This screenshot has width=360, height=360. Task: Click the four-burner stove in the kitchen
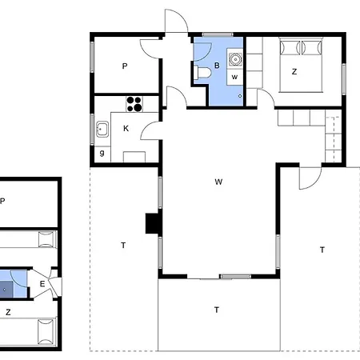134,104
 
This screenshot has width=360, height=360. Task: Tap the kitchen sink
102,129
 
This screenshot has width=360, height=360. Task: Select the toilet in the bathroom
202,72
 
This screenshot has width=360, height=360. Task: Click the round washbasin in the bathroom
235,59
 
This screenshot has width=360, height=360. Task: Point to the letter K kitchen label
126,129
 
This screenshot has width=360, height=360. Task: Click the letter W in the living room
218,182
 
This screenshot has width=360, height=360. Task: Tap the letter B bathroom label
217,66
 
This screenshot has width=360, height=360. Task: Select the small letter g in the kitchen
102,154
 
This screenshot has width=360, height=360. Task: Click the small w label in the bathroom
234,78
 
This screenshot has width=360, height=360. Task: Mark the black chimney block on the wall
152,224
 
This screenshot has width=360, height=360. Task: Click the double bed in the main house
301,65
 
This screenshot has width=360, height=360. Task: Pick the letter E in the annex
42,284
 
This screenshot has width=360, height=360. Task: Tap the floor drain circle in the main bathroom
240,96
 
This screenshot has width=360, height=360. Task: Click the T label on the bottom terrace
217,310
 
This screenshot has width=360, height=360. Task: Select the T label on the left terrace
123,246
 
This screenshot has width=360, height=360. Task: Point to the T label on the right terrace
322,250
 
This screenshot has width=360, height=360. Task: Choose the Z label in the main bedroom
294,72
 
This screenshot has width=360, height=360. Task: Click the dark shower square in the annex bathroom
6,290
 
